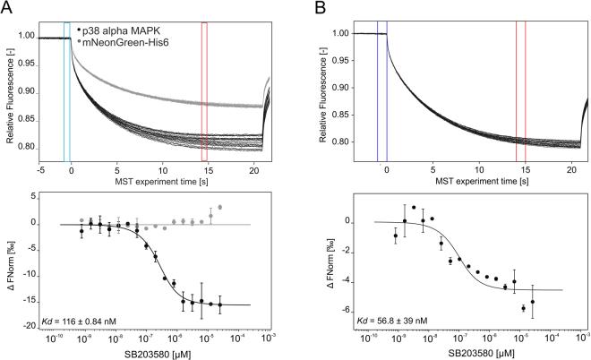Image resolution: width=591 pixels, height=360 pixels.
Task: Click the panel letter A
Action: (7, 8)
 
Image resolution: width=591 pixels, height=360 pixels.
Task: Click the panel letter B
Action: (318, 8)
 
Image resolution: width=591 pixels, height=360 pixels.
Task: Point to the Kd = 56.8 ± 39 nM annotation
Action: (390, 319)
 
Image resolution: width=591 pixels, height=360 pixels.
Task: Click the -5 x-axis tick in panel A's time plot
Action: (42, 168)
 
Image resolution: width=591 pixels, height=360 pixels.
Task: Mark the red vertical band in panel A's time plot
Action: (204, 90)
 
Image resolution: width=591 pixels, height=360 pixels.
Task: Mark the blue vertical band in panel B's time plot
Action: (381, 90)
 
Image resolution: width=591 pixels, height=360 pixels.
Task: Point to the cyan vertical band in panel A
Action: (67, 90)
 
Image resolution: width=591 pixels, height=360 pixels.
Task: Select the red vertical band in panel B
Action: (520, 90)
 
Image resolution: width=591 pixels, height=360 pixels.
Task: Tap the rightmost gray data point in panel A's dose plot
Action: (219, 207)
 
